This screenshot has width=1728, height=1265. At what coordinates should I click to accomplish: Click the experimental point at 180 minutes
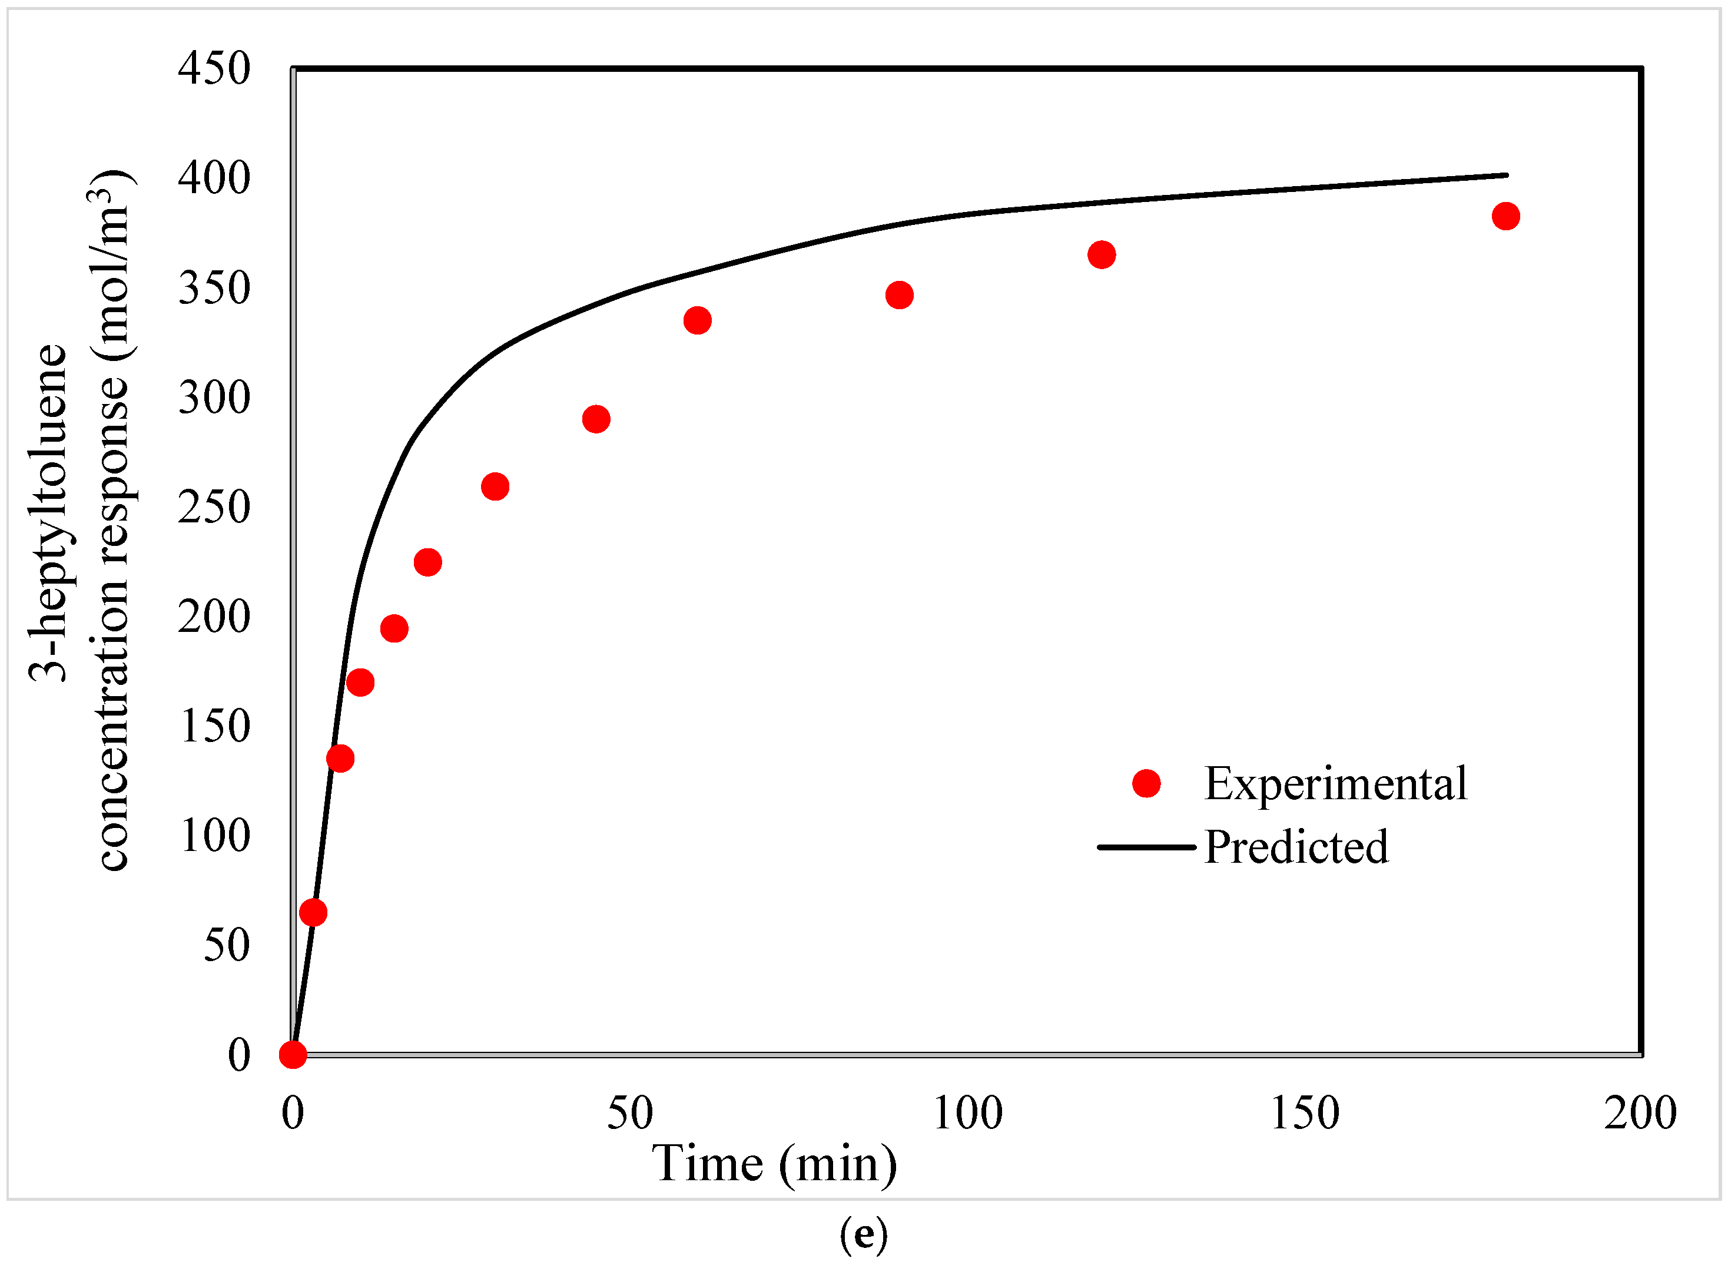(x=1505, y=217)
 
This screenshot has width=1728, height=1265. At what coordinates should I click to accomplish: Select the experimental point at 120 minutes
(x=1101, y=255)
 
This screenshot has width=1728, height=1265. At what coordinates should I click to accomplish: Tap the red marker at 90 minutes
(x=899, y=296)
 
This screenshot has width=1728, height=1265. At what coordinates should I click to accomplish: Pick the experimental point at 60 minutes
(x=696, y=320)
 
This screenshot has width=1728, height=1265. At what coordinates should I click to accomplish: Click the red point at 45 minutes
(x=596, y=420)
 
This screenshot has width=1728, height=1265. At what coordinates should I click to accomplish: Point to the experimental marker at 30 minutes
(x=495, y=487)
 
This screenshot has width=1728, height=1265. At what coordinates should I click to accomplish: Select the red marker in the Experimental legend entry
(x=1146, y=783)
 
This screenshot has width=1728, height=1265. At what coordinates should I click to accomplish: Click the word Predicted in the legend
(x=1295, y=847)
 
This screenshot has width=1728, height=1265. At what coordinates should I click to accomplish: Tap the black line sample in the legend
(x=1146, y=847)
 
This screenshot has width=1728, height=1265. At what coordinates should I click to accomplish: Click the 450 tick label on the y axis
(x=214, y=68)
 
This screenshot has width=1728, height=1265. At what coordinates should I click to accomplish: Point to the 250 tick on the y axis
(x=214, y=507)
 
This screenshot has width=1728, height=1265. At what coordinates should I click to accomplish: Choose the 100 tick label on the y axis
(x=215, y=836)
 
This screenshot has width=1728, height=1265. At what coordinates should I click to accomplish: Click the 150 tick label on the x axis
(x=1305, y=1114)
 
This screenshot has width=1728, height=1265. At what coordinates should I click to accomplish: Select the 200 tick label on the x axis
(x=1641, y=1114)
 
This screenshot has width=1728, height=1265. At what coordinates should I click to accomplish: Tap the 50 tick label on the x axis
(x=630, y=1114)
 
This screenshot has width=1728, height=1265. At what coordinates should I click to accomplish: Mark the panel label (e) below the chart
(x=863, y=1234)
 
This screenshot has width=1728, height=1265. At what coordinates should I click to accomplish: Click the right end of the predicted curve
(x=1505, y=175)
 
